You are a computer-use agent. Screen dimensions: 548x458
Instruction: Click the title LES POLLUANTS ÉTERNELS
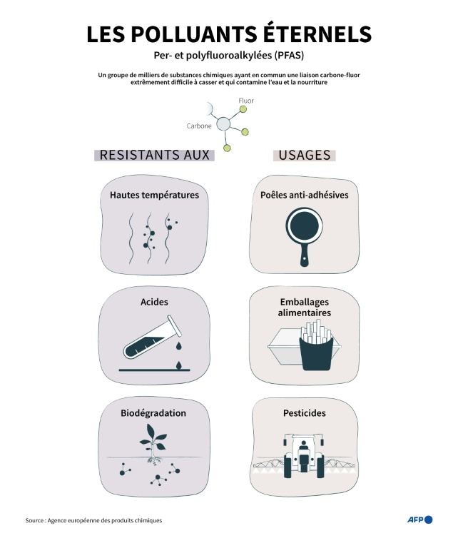point(229,34)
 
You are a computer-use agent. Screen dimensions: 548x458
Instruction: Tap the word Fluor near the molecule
point(245,101)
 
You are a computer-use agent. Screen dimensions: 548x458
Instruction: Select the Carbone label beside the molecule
point(199,126)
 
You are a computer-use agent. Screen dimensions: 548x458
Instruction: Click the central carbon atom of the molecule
point(223,124)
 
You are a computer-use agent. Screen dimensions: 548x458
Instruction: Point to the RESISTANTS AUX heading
point(155,155)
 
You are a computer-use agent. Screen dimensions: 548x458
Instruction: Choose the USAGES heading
point(305,155)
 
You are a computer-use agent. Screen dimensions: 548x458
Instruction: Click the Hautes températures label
point(154,194)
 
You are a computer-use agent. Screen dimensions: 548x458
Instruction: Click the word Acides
point(154,302)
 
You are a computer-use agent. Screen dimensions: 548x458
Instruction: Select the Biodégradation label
point(153,413)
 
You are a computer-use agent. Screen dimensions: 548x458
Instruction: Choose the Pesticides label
point(305,413)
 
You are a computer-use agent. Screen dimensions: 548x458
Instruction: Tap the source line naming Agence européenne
point(93,521)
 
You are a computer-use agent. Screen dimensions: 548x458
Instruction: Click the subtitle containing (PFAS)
point(229,56)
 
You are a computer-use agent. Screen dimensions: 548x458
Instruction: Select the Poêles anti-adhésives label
point(305,194)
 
